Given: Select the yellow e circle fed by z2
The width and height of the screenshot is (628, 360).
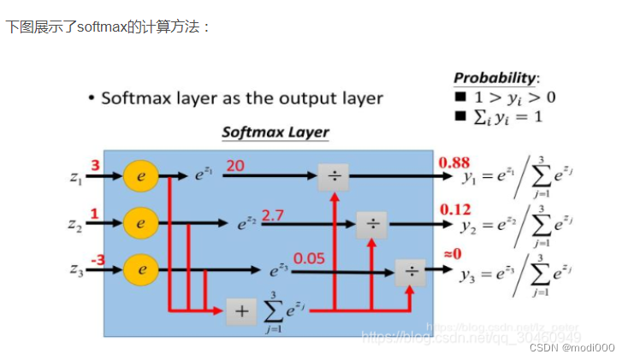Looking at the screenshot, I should click(141, 222).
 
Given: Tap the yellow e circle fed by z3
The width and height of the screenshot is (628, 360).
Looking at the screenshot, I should click(141, 269).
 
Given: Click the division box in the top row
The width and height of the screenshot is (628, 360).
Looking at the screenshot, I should click(332, 176).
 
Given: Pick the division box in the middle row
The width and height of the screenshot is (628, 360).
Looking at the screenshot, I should click(372, 223).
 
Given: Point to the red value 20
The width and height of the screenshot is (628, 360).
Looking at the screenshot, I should click(235, 165).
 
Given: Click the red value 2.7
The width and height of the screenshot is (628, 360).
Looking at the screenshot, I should click(272, 214).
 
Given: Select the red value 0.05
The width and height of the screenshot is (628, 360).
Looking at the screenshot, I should click(309, 257).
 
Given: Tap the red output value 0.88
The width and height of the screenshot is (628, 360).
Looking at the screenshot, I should click(453, 162).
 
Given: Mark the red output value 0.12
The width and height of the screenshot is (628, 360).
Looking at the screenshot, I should click(455, 210).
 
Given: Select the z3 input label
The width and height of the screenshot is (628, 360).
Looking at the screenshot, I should click(77, 270).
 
